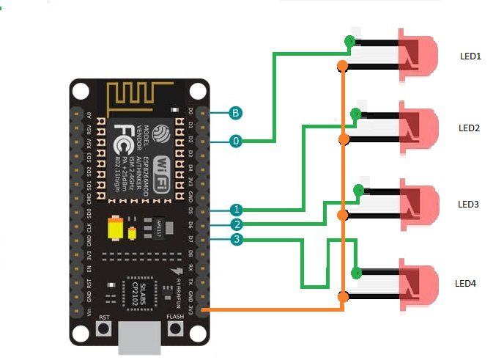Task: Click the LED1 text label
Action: coord(470,56)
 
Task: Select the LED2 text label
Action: coord(469,128)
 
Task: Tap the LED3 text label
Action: coord(468,204)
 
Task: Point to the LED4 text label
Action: coord(466,283)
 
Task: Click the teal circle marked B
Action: coord(236,113)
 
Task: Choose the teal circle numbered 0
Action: coord(236,141)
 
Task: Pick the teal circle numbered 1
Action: coord(236,210)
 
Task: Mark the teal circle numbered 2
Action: coord(236,224)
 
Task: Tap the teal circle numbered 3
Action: coord(236,239)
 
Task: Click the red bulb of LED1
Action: coord(418,55)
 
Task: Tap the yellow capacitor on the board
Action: coord(114,228)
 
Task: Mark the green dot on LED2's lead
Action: coord(355,114)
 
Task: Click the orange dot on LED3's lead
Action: coord(342,215)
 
